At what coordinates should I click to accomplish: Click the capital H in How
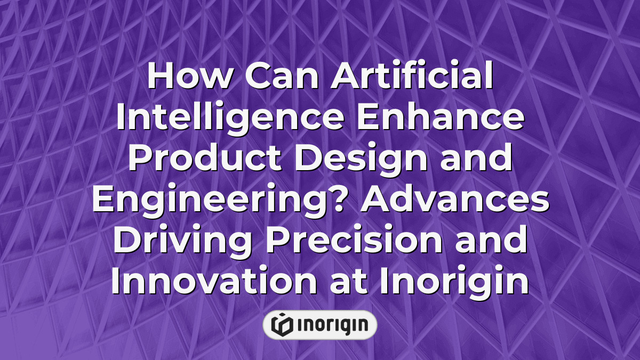[160, 78]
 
